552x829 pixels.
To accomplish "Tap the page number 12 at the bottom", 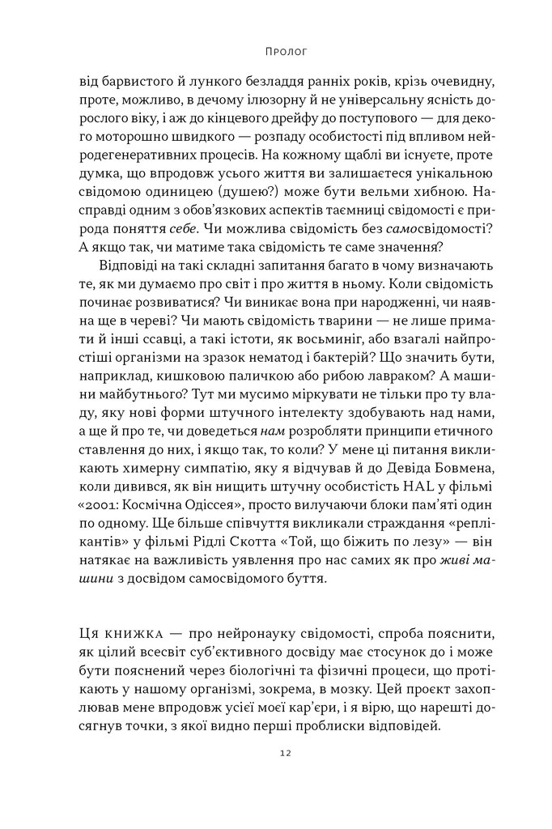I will [276, 753].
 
